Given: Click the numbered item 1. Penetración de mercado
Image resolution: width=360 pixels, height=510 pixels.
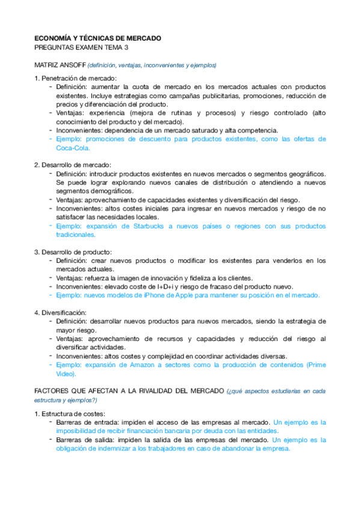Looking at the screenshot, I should tap(75, 78).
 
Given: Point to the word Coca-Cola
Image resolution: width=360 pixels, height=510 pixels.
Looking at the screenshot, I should tap(73, 147).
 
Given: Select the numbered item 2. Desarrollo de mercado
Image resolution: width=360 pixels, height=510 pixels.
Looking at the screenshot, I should tap(73, 165).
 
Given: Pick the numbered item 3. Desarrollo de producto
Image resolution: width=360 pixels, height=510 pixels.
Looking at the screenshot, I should tap(74, 251).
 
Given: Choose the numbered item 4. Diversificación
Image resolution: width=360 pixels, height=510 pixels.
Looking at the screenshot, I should tap(61, 313).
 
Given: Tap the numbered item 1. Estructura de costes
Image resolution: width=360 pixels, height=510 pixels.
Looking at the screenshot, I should tap(69, 413).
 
